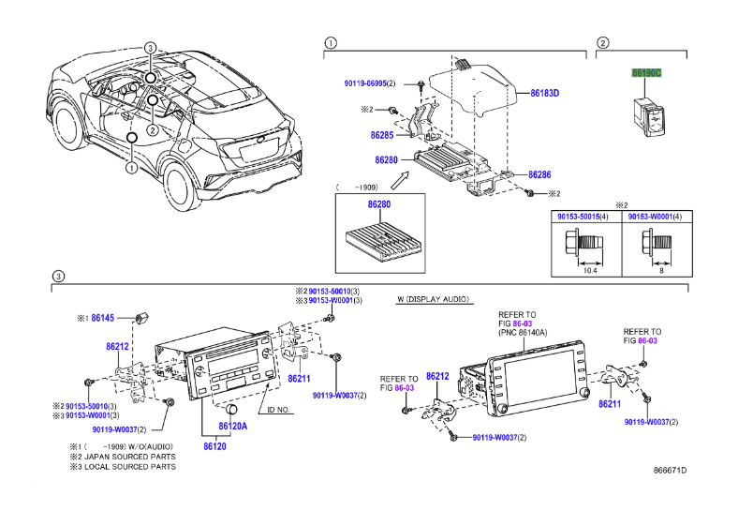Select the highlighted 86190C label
tap(646, 72)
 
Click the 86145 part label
tap(103, 319)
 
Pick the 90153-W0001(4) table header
tap(654, 218)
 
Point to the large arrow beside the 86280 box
tap(400, 174)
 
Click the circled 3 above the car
tap(150, 47)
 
